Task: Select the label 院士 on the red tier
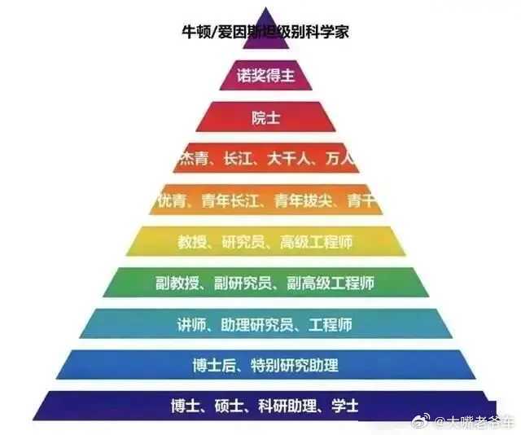pyautogui.click(x=265, y=116)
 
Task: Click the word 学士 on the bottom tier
pyautogui.click(x=344, y=405)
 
